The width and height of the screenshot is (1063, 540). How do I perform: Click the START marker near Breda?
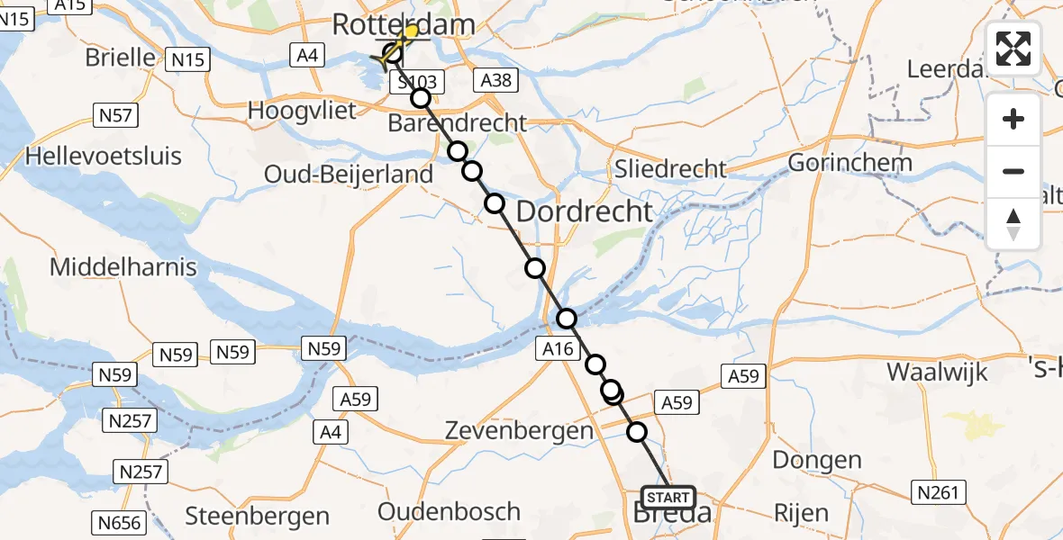(668, 497)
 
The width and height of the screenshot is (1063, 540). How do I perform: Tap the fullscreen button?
(1013, 48)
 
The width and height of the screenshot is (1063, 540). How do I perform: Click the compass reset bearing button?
(1013, 224)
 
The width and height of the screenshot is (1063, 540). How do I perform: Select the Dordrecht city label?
(584, 211)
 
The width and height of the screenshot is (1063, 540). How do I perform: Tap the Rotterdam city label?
(403, 24)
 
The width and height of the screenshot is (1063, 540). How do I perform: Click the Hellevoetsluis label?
(104, 156)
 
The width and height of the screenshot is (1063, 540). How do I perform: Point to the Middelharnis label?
(122, 266)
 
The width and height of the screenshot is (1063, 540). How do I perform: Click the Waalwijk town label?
(937, 372)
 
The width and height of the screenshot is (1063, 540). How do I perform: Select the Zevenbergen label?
(519, 431)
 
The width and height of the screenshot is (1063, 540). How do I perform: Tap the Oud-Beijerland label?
(349, 174)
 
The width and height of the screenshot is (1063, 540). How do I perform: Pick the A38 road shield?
(496, 80)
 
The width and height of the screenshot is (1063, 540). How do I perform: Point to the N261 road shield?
(940, 492)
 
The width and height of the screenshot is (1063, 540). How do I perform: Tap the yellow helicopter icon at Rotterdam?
(411, 33)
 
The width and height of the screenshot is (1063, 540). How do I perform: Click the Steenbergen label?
(257, 516)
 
